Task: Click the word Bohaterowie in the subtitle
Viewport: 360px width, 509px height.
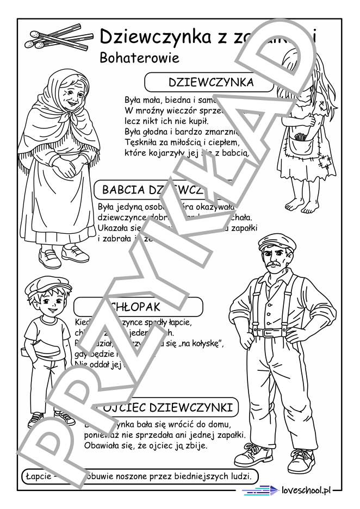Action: coord(139,58)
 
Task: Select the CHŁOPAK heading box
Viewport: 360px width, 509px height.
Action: coord(139,307)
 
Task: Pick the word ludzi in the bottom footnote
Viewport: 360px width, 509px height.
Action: coord(239,476)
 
